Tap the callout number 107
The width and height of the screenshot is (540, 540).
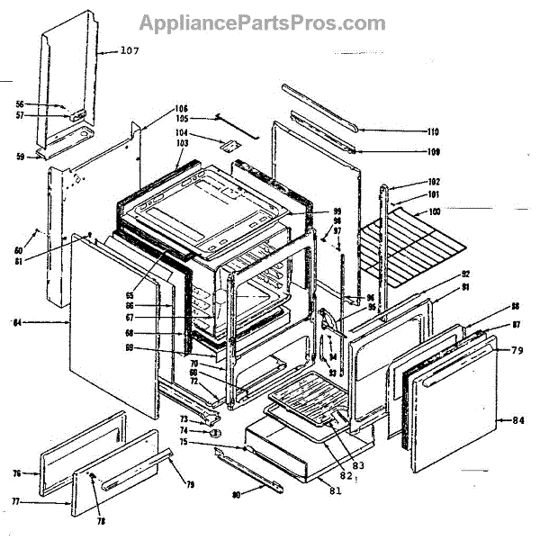[x=130, y=50]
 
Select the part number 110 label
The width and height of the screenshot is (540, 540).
[x=433, y=130]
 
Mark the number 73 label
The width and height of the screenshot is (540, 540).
[x=183, y=419]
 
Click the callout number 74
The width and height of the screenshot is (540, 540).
[x=183, y=431]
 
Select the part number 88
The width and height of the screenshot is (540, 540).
[x=490, y=305]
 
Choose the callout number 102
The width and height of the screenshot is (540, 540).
[x=434, y=182]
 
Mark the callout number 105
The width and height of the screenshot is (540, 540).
[x=182, y=120]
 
